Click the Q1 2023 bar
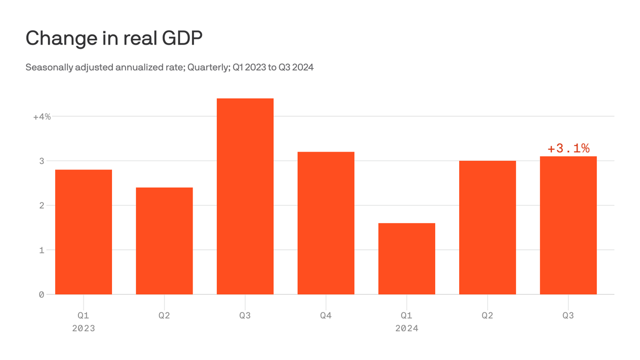point(83,232)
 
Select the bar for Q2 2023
point(164,241)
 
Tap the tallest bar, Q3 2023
point(245,196)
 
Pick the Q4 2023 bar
point(326,223)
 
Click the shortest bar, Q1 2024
point(407,259)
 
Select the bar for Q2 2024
point(487,227)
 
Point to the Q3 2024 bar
point(568,225)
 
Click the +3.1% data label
point(568,149)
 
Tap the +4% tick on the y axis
point(42,117)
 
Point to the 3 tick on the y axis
point(41,161)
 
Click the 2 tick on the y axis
point(41,205)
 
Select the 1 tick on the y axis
point(41,250)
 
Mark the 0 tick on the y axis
point(41,294)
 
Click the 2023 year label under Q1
point(83,328)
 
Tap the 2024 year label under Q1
point(407,328)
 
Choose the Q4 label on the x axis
point(326,315)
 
